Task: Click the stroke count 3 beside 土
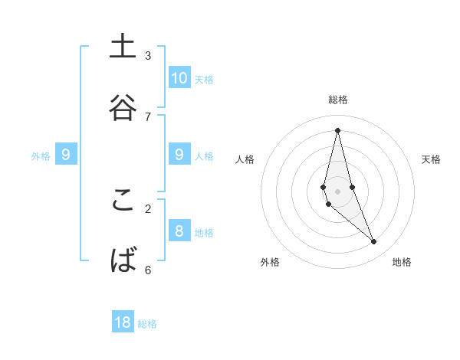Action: click(x=148, y=56)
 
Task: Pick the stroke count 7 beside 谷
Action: click(x=148, y=116)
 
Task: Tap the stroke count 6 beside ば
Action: click(x=148, y=270)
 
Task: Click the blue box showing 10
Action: click(x=179, y=77)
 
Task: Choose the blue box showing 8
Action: click(x=179, y=231)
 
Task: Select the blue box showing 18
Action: click(x=123, y=322)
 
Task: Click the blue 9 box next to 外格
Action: click(x=66, y=155)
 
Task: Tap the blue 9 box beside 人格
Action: click(x=179, y=155)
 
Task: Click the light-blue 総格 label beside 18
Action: click(x=147, y=324)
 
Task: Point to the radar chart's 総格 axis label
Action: click(x=337, y=100)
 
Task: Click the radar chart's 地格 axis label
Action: click(x=402, y=262)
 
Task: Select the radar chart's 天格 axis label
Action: click(x=431, y=159)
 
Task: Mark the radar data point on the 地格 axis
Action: click(x=374, y=242)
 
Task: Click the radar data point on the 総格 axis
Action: click(x=337, y=129)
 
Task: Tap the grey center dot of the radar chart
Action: click(x=337, y=191)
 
